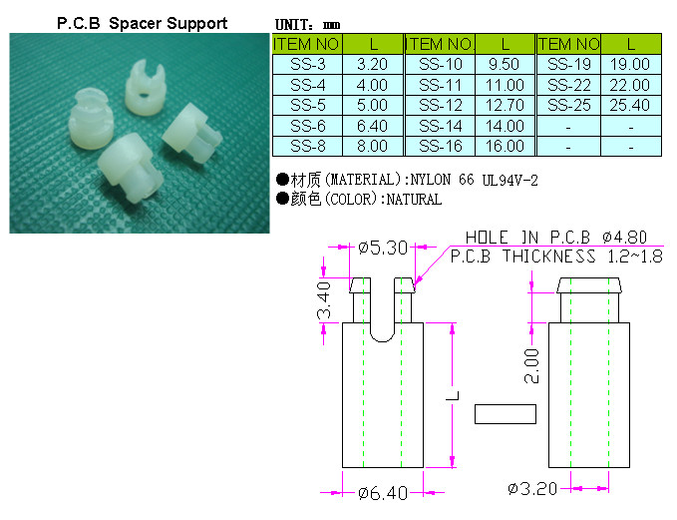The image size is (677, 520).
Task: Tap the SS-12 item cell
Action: point(440,106)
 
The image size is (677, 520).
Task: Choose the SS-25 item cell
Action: point(569,106)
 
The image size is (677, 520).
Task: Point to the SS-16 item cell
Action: point(440,147)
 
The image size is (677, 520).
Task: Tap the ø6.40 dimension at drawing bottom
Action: point(383,492)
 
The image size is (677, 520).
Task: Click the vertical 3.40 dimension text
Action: point(324,300)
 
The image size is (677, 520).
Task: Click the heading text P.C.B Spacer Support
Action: point(142,23)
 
